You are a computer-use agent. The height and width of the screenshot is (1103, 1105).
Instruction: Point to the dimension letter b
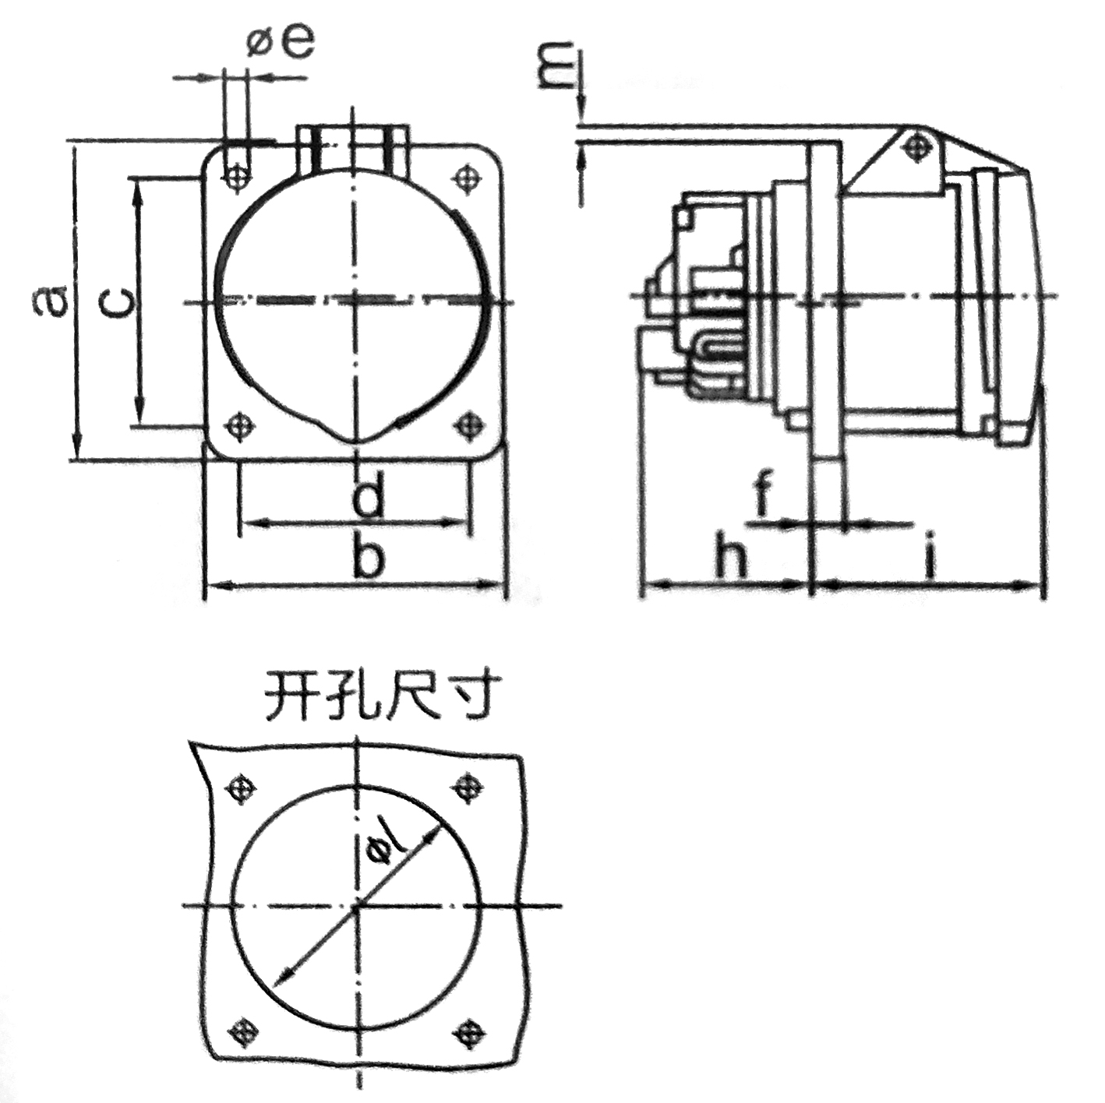pos(367,552)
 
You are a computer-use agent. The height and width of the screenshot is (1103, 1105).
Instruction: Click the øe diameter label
pos(281,42)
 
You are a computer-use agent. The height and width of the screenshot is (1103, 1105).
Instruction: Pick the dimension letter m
pos(559,64)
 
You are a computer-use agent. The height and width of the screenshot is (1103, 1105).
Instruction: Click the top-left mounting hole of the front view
pos(235,176)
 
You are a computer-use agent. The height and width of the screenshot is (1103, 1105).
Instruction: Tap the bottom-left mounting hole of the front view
pos(237,425)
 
